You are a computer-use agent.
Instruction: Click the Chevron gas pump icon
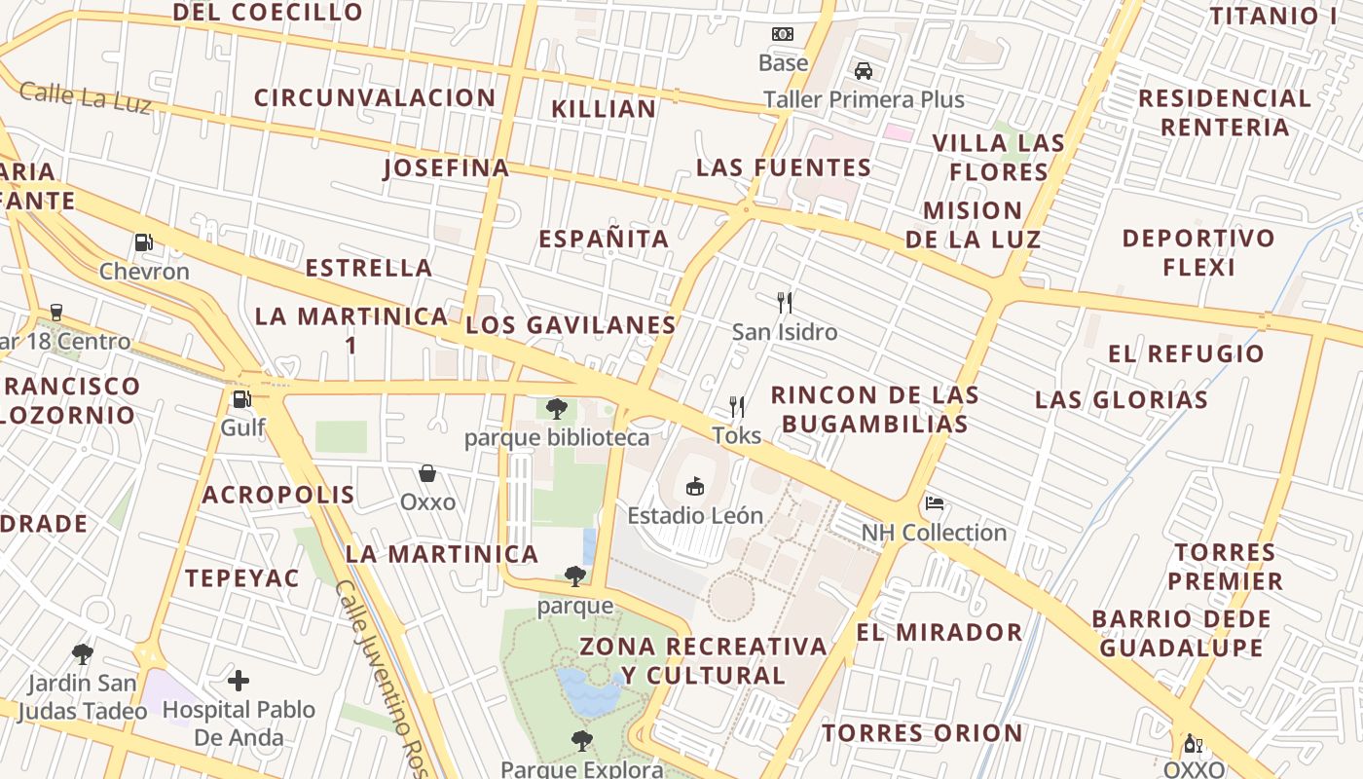(143, 241)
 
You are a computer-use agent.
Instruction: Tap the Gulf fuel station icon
(240, 398)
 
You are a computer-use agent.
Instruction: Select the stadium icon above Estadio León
(694, 486)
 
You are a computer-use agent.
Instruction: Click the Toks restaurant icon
(737, 406)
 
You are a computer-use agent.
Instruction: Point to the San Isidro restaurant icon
(785, 303)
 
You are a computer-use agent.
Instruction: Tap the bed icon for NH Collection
(935, 503)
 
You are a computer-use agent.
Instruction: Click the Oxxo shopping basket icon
(426, 473)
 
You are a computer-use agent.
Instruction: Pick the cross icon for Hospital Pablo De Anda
(239, 681)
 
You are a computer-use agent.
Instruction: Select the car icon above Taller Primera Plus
(863, 70)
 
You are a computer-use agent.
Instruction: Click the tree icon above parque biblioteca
(556, 408)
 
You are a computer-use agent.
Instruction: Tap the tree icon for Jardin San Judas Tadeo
(83, 653)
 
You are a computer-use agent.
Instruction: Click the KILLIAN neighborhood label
(604, 109)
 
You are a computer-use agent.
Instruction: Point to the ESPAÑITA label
(604, 239)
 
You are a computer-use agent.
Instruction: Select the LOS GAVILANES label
(571, 325)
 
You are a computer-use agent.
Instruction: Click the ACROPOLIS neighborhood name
(278, 495)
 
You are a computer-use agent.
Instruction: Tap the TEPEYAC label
(242, 577)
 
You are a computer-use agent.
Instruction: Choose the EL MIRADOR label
(939, 632)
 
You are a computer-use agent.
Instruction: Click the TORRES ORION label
(922, 732)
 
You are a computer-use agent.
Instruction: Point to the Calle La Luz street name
(86, 97)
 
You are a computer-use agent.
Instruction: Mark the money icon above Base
(783, 34)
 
